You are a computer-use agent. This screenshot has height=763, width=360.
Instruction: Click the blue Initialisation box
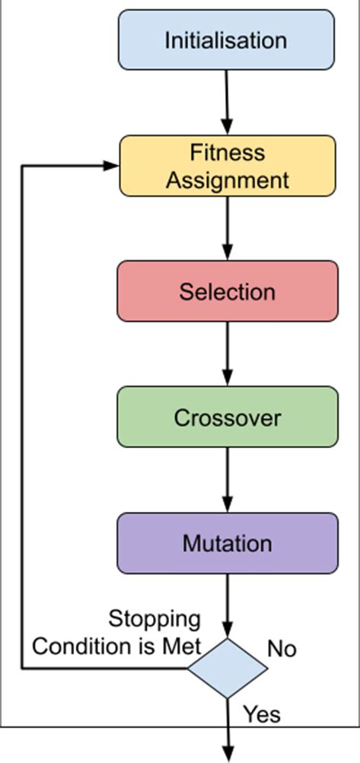[226, 40]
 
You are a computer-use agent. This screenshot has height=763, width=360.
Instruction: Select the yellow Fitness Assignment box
[227, 166]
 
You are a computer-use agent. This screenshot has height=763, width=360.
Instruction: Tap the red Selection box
[227, 291]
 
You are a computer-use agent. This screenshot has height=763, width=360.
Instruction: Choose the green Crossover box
[227, 417]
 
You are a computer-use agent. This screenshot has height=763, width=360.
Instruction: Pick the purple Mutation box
[227, 543]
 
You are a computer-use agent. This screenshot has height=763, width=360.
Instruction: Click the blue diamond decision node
[227, 669]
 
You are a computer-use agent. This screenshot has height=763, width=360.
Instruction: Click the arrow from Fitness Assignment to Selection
[227, 227]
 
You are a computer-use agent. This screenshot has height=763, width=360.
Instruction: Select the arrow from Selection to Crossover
[227, 353]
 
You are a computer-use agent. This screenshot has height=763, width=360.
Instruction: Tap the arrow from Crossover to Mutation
[227, 479]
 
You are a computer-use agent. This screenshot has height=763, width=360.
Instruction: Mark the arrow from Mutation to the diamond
[227, 605]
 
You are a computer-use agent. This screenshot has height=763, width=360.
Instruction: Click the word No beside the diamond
[282, 649]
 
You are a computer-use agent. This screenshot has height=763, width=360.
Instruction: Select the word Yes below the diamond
[261, 714]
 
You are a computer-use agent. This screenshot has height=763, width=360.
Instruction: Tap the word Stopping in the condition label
[155, 619]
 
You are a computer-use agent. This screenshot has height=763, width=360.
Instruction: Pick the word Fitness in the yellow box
[227, 153]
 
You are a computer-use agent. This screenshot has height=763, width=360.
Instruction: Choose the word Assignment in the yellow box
[227, 180]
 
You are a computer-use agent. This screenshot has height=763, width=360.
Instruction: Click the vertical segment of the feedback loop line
[22, 418]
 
